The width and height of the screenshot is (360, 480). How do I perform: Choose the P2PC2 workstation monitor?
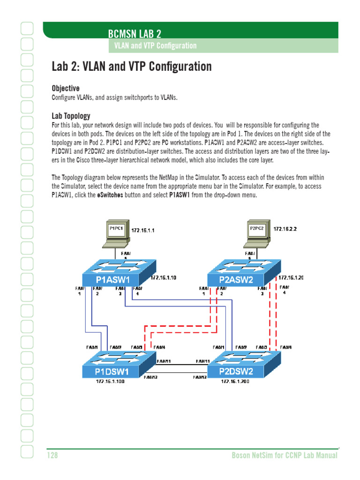(257, 229)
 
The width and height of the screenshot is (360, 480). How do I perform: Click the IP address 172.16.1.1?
(143, 231)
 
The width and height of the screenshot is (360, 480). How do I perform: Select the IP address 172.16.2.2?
(285, 229)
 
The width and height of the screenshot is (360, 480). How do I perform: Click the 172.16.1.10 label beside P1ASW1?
(163, 278)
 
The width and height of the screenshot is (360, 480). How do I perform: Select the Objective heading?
(66, 88)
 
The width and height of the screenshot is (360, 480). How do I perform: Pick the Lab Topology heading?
(71, 116)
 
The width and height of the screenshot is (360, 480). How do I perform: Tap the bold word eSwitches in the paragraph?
(110, 195)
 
